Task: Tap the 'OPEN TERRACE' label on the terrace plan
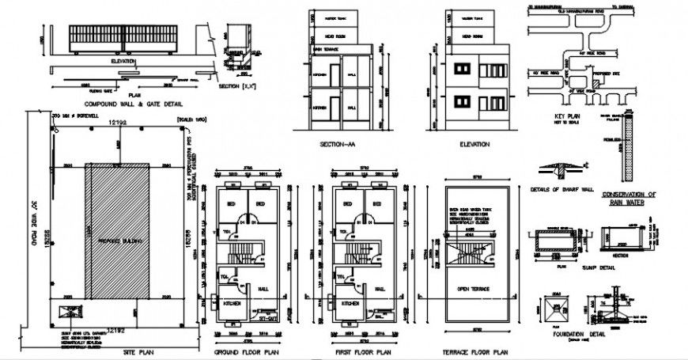[475, 289]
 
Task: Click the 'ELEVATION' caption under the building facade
[474, 144]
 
